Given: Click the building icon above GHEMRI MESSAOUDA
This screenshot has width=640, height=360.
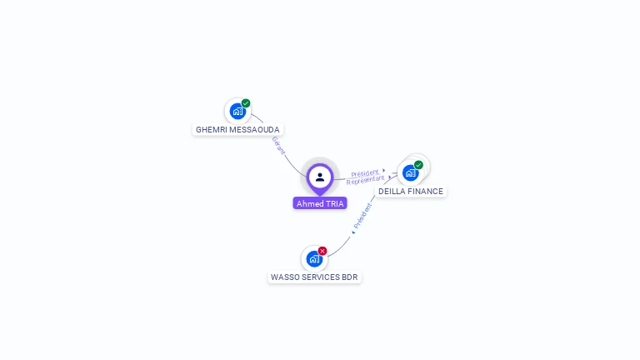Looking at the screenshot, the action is point(237,111).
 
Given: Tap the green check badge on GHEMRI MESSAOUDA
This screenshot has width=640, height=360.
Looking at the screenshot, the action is point(246,103).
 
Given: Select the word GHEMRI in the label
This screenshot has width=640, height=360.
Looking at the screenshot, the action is point(211,130).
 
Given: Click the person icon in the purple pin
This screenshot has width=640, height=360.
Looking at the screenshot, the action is point(320,177).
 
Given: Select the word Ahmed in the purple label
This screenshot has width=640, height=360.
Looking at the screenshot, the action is point(309,204).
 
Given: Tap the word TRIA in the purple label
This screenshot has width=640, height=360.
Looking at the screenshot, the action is point(333,204).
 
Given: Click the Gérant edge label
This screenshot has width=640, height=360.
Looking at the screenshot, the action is point(278,146).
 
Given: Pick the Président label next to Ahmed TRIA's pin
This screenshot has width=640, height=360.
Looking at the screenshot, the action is point(364,173).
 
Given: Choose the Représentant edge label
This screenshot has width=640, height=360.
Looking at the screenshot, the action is point(366,180).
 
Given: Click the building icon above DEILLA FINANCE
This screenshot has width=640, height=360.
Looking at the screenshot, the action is point(410,172).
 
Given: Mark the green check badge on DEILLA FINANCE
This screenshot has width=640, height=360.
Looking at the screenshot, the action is point(418,165).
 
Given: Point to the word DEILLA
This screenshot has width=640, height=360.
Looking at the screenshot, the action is point(392,192).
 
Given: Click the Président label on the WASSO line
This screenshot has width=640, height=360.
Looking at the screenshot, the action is point(362,216).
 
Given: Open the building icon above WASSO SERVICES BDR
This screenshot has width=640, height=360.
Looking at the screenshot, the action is point(313,258).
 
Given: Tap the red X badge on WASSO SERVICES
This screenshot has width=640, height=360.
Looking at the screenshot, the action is point(322,251).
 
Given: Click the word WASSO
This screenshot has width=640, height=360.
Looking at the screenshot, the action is point(285,277).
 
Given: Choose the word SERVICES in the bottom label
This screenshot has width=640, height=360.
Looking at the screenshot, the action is point(322,277).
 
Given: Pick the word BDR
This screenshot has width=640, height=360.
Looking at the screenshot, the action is point(350,277).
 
